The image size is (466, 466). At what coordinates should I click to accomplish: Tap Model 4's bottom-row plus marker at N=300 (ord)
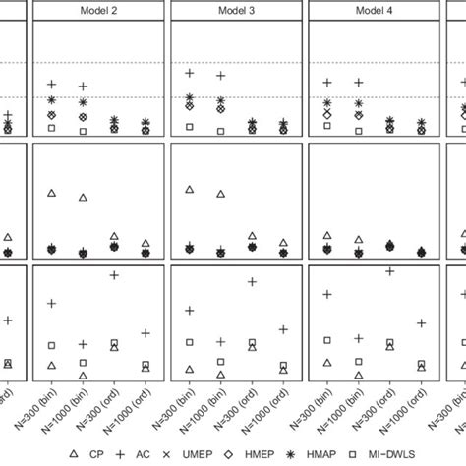point(390,271)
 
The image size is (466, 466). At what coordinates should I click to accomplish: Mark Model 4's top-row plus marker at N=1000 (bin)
point(359,83)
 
